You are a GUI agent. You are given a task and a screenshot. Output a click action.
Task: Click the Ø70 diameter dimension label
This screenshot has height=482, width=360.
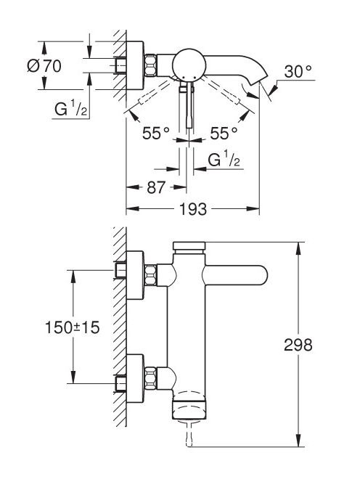tap(44, 66)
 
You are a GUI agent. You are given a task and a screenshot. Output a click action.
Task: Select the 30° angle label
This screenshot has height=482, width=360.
tap(298, 72)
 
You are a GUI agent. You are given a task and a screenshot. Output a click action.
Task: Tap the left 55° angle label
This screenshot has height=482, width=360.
tap(156, 133)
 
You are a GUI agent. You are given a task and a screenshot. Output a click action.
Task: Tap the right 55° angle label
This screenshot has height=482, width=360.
tap(224, 133)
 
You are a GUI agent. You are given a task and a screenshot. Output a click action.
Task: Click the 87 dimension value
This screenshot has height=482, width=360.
tap(156, 187)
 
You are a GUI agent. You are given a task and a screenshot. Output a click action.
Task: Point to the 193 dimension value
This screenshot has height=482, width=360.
tap(193, 210)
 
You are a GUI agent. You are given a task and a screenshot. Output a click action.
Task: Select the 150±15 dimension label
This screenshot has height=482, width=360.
tap(73, 327)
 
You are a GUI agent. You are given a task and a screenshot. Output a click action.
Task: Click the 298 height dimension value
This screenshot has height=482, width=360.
tap(298, 345)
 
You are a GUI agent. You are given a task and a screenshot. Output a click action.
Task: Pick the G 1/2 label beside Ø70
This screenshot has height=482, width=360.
tap(70, 108)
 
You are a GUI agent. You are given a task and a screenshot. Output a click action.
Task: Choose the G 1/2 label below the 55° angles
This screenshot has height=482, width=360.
tap(224, 159)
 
